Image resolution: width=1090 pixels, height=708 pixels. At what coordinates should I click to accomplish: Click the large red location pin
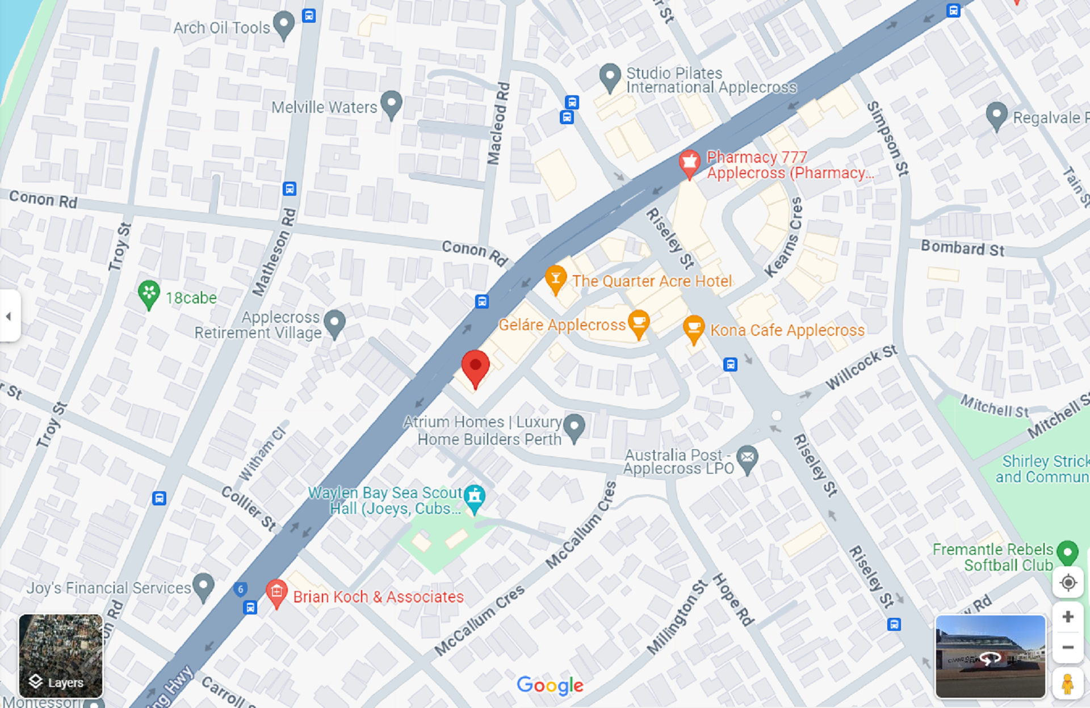(x=475, y=366)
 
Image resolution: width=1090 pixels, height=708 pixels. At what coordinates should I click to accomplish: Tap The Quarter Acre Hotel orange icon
(x=556, y=279)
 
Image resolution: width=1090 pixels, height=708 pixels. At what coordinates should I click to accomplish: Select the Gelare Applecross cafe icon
(x=639, y=323)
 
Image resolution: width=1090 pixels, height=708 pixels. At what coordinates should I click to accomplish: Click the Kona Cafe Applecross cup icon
(x=693, y=328)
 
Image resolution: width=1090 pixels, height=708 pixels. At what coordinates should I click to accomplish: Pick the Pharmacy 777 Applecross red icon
(x=689, y=163)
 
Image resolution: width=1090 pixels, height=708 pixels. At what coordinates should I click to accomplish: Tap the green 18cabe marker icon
(x=149, y=294)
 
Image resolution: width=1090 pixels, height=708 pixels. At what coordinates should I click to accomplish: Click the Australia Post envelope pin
(x=748, y=458)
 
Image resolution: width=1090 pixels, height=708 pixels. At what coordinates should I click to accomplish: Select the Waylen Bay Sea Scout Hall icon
(x=475, y=498)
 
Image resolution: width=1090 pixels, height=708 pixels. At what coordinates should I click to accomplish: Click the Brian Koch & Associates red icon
(x=276, y=592)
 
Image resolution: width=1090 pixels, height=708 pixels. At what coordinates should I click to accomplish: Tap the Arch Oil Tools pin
(x=283, y=24)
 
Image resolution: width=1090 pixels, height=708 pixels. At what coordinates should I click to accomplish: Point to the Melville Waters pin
(x=391, y=103)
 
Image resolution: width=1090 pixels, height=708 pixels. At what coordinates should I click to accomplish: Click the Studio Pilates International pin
(x=610, y=76)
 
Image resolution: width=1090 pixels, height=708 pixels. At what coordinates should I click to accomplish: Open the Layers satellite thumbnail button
(x=61, y=656)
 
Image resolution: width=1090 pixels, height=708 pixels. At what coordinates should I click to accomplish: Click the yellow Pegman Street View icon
(x=1067, y=684)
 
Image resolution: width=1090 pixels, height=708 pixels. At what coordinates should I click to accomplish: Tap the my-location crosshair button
(x=1068, y=583)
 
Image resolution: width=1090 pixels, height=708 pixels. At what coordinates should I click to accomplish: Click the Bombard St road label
(x=962, y=248)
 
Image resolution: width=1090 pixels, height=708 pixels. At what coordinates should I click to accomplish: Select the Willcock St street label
(x=861, y=367)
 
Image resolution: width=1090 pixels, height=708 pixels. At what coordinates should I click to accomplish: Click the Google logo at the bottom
(x=550, y=685)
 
